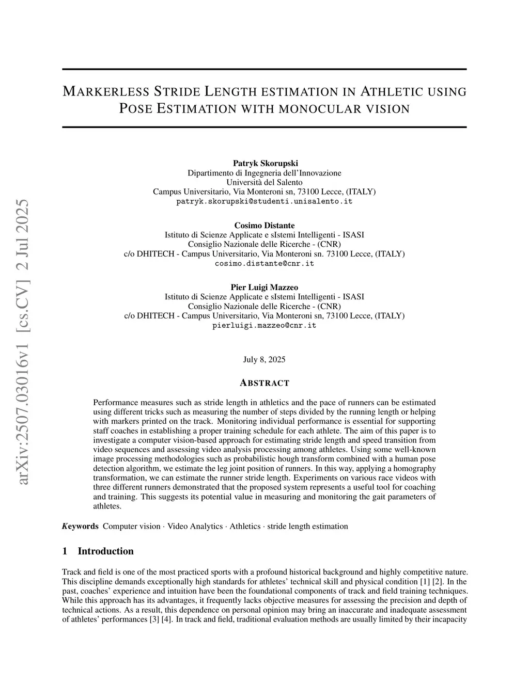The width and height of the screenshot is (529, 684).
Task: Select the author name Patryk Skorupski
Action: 265,163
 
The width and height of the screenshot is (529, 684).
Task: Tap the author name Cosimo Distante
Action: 264,225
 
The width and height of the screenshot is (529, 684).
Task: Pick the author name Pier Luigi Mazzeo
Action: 264,287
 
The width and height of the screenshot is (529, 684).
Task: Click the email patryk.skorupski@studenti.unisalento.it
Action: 264,201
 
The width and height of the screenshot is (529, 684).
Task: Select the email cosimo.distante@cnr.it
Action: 264,263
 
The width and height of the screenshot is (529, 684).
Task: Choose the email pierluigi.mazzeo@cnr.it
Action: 264,326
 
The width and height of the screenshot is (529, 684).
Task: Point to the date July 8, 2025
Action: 264,359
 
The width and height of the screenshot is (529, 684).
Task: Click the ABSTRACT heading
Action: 264,383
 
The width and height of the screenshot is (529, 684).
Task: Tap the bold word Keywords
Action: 80,526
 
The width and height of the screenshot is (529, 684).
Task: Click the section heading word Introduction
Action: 105,551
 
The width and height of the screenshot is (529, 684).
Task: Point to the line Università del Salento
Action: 264,182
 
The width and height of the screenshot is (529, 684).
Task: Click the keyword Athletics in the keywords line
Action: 245,526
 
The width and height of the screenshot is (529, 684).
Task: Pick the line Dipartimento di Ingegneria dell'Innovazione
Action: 264,173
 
